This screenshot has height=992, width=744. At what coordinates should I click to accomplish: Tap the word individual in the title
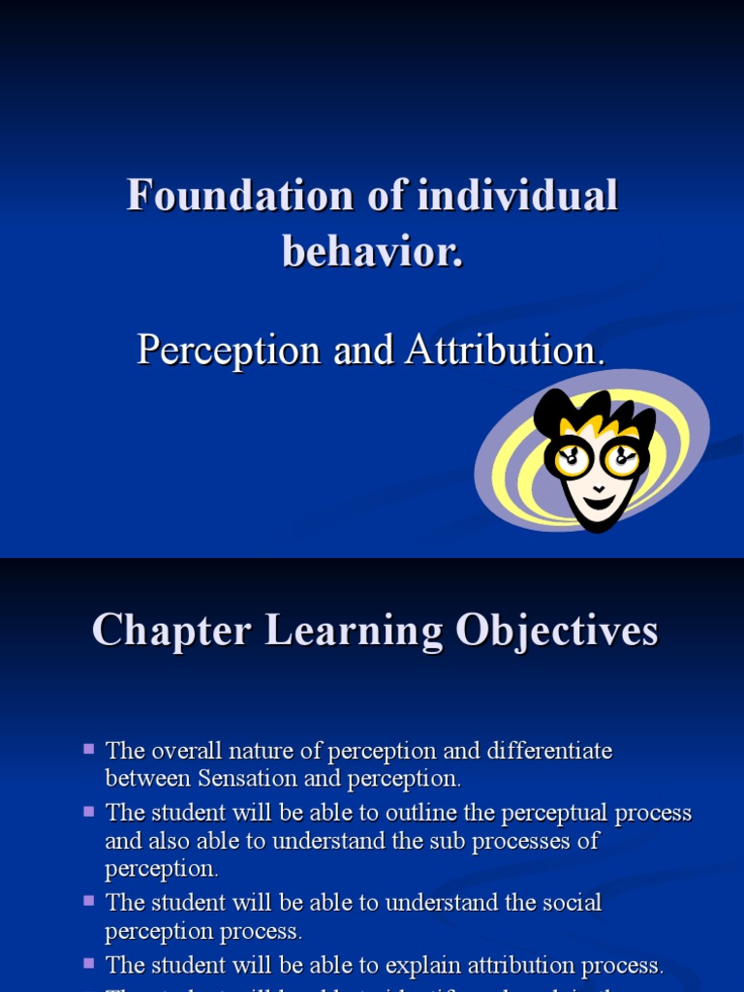518,197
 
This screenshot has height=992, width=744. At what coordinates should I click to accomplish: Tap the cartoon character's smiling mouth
598,501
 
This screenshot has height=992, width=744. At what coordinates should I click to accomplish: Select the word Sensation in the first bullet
246,778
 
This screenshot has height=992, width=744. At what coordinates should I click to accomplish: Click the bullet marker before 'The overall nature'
89,749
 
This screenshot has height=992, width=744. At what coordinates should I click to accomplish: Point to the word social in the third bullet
571,902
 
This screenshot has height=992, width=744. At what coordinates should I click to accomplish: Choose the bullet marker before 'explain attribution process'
89,963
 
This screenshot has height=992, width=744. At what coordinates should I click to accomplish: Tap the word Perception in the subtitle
229,350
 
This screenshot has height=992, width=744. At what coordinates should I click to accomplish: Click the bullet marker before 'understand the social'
89,900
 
